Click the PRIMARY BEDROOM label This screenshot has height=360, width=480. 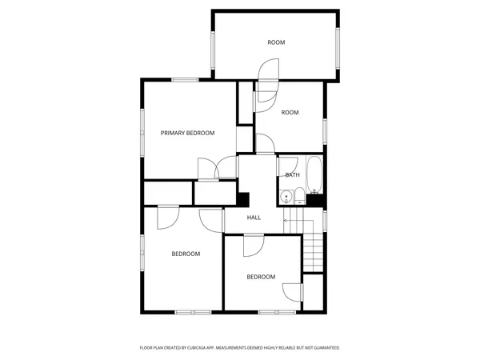(188, 133)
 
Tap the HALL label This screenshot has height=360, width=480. (254, 218)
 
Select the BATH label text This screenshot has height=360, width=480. (292, 175)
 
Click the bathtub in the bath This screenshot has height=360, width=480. (315, 175)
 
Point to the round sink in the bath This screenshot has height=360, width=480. (286, 197)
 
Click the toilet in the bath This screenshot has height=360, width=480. (298, 194)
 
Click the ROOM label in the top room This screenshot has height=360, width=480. (276, 42)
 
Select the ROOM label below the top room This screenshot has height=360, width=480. (290, 113)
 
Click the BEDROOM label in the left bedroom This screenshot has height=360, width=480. (186, 254)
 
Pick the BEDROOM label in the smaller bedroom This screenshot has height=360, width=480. (261, 277)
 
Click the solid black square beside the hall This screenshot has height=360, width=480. (244, 200)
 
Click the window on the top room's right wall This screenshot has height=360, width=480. (339, 48)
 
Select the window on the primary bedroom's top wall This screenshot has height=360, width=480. (186, 79)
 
